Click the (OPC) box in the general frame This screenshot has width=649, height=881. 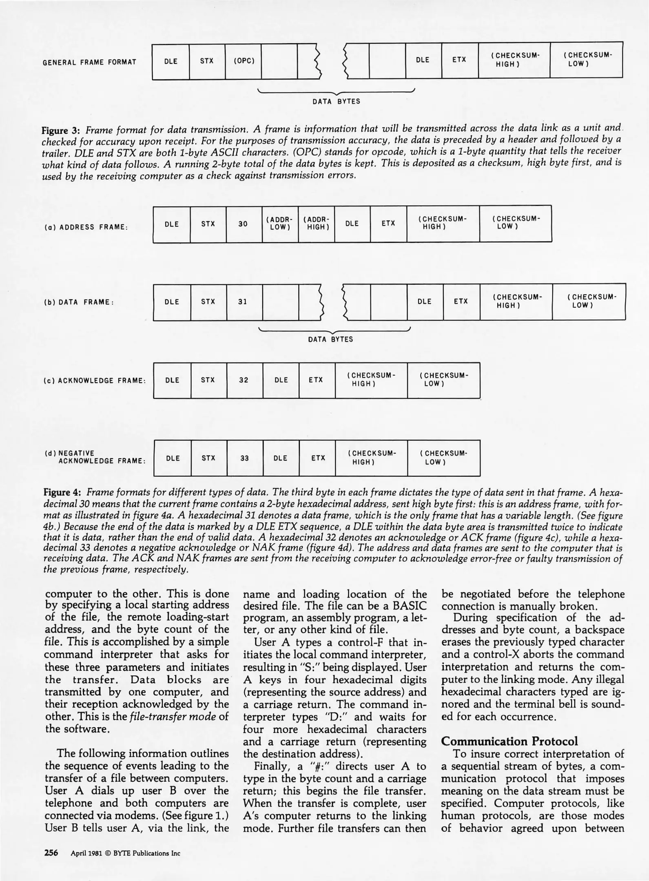(244, 62)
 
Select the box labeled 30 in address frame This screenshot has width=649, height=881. (244, 224)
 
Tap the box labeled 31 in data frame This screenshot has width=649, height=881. (244, 302)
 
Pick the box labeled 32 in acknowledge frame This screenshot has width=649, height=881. (244, 380)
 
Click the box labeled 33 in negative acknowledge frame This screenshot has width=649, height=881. (245, 458)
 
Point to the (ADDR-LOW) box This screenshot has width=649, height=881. (280, 224)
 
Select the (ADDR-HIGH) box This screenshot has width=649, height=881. (316, 224)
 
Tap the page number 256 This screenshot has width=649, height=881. (51, 853)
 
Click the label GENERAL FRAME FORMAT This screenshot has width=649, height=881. (90, 62)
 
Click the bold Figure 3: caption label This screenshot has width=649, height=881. (61, 131)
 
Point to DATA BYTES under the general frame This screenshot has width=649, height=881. (337, 102)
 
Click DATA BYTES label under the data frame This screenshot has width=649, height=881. (330, 339)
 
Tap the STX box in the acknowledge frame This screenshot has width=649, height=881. (208, 380)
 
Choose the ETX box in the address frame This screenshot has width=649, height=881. (388, 224)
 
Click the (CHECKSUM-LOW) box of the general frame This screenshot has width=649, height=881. (586, 60)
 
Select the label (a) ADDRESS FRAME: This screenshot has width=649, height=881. (86, 227)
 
